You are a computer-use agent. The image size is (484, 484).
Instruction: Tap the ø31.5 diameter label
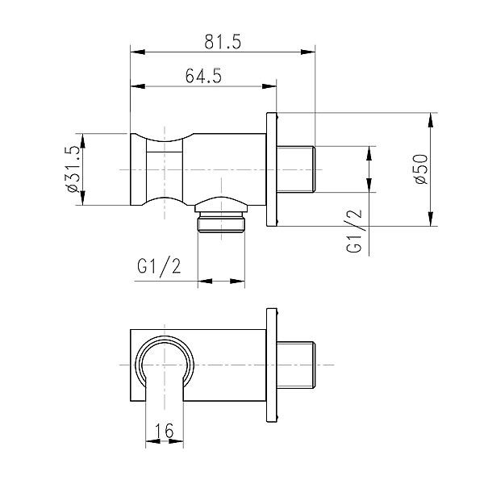coord(73,169)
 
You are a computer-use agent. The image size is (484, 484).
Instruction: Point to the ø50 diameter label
coord(419,169)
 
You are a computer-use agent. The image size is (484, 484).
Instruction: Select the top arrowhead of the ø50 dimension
coord(431,119)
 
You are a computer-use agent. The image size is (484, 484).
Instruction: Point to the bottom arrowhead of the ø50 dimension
coord(431,219)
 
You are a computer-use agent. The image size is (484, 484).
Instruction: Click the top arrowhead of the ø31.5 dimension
coord(83,138)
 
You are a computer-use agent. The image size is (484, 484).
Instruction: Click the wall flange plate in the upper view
coord(272,169)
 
